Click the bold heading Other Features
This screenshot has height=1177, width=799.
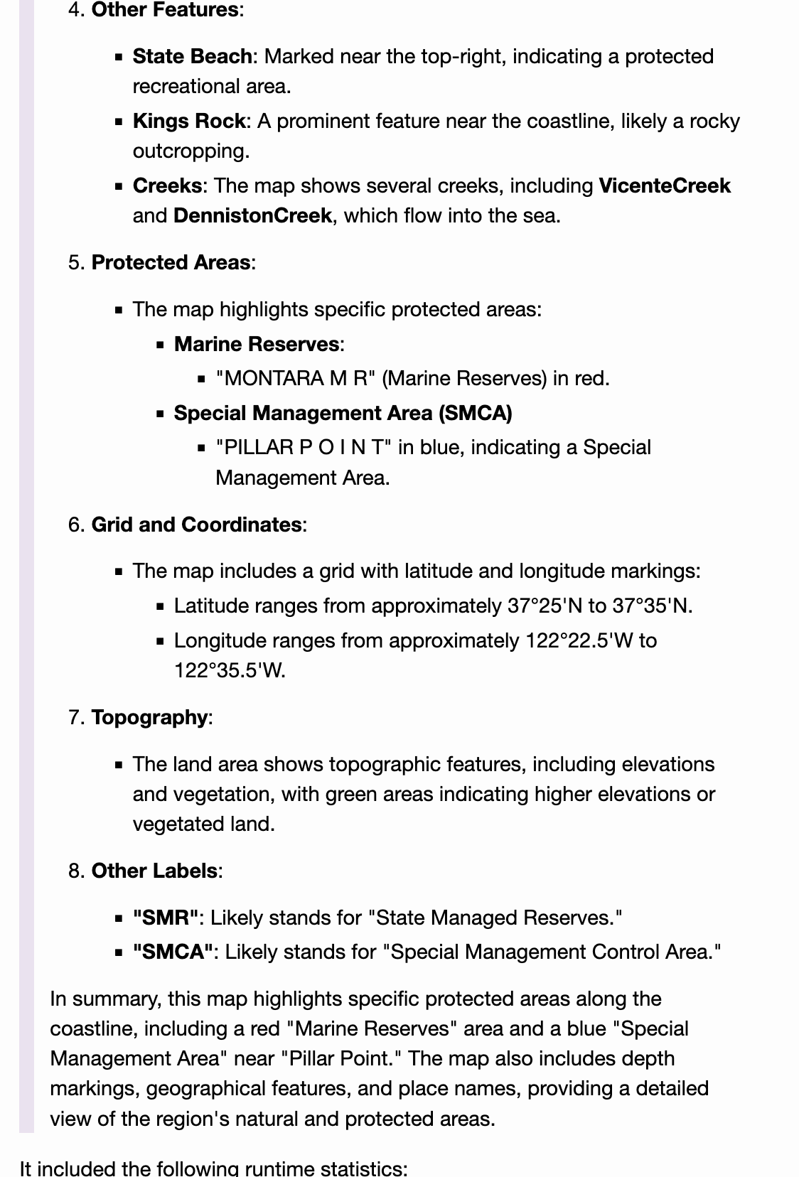point(165,10)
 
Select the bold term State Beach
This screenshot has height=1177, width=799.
point(192,56)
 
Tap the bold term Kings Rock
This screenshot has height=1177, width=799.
point(188,121)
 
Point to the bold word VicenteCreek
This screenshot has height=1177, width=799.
point(664,186)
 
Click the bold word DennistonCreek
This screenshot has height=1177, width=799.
point(252,215)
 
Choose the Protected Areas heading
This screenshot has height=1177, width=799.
point(171,262)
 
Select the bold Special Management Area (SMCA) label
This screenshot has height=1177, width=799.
point(343,413)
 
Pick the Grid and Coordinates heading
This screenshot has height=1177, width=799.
point(196,525)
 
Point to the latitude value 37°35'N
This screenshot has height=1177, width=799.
point(651,606)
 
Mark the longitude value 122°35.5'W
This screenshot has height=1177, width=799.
point(229,670)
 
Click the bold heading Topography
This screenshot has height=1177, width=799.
point(149,717)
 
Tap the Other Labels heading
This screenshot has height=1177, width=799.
point(154,871)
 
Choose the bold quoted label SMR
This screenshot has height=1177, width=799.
point(165,918)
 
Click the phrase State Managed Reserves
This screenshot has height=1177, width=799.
point(495,918)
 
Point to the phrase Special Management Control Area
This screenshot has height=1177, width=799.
point(552,952)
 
